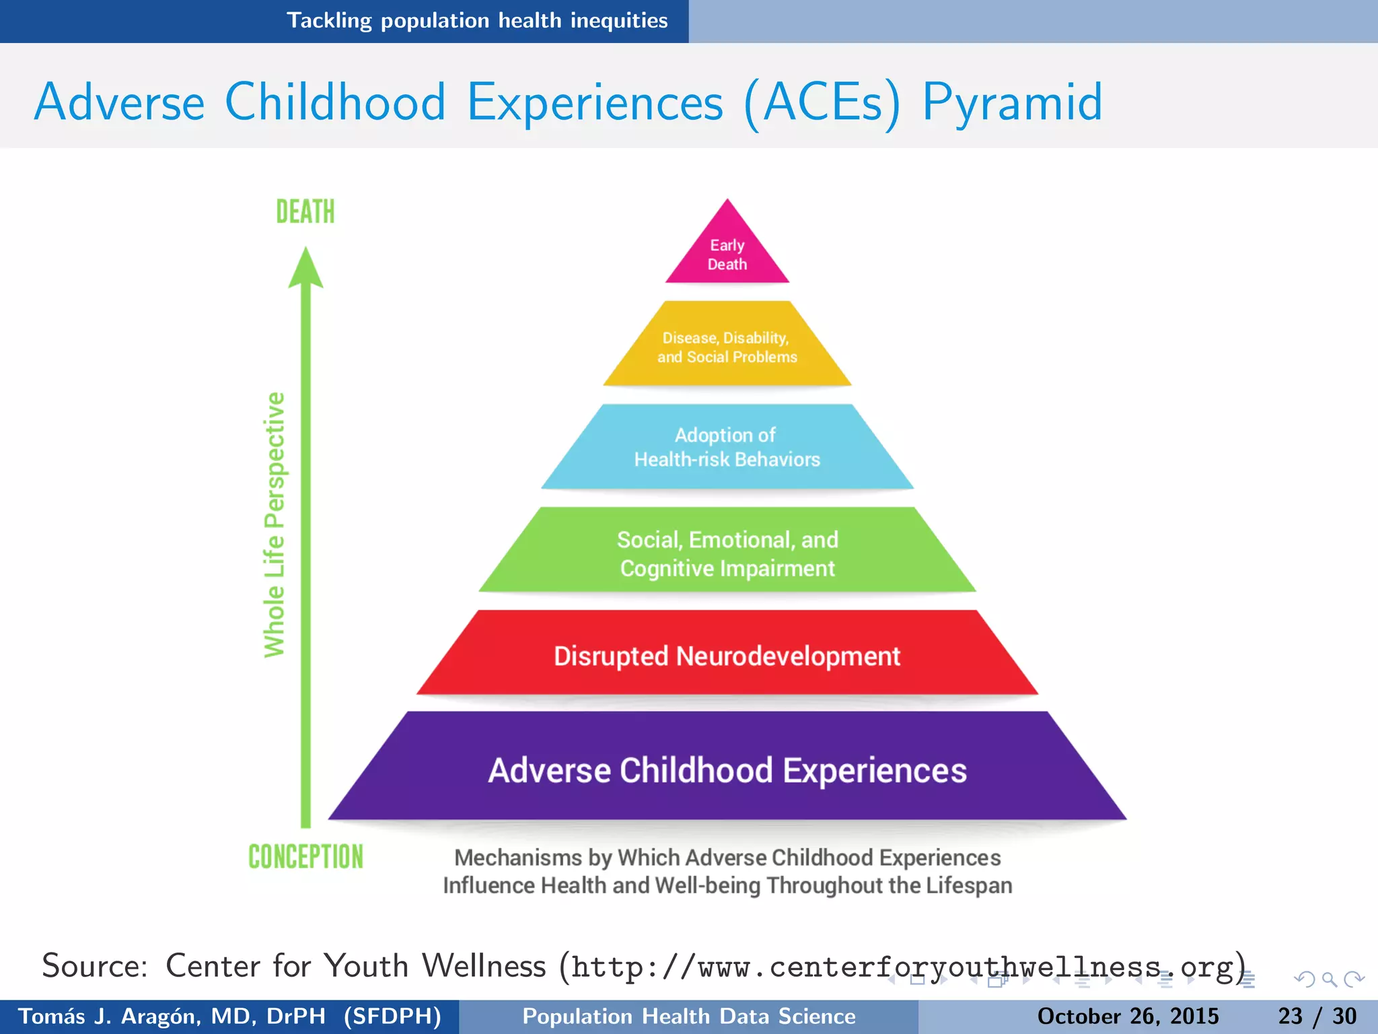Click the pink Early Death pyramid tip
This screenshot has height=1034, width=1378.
[727, 252]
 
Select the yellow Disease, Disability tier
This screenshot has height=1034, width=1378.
[727, 347]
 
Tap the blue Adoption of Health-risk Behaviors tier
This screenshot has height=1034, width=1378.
[727, 447]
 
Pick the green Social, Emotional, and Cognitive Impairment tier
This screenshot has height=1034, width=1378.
[727, 553]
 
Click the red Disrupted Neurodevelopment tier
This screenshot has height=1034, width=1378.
[727, 655]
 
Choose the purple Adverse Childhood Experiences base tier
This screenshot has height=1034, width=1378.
[727, 769]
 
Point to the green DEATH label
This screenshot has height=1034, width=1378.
[305, 211]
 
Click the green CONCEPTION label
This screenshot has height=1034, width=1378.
[305, 856]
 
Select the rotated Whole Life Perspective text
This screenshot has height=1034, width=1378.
[275, 525]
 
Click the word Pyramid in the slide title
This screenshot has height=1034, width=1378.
[1012, 102]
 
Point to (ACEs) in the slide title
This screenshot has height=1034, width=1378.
[822, 102]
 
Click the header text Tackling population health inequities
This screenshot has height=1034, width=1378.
[477, 21]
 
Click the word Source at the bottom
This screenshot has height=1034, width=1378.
[94, 966]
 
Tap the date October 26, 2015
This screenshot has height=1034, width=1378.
[1128, 1016]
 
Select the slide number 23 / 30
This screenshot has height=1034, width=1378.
[1317, 1016]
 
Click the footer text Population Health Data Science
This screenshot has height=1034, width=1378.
[689, 1016]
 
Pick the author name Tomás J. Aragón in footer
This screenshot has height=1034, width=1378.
[137, 1016]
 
